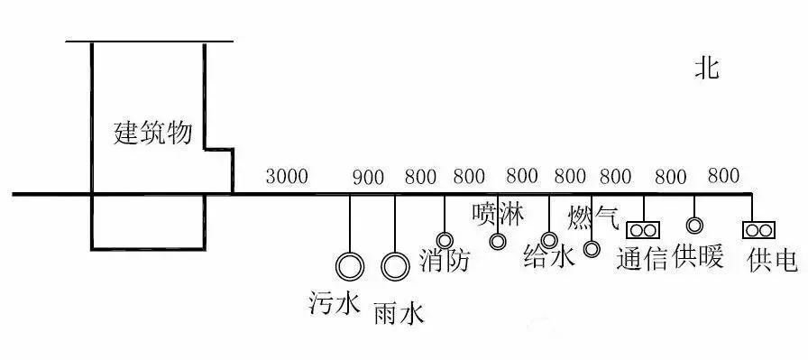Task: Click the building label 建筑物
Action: pos(152,133)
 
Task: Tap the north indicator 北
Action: pos(706,69)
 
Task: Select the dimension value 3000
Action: pos(287,176)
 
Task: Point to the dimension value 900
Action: pos(368,178)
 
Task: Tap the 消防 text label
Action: pos(445,261)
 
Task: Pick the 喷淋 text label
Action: pos(498,214)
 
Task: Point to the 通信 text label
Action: pos(642,258)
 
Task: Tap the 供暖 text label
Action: pos(698,256)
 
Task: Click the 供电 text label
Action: pos(772,260)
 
